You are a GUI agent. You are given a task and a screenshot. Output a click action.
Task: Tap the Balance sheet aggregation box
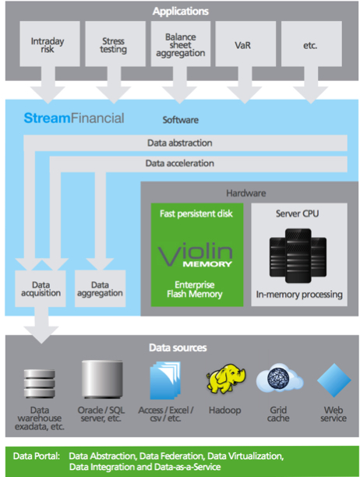coord(181,44)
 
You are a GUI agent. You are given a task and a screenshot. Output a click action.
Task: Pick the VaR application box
coord(245,44)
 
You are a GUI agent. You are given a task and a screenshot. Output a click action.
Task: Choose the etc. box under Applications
coord(312,44)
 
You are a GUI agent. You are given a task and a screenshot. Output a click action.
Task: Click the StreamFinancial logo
coord(74,118)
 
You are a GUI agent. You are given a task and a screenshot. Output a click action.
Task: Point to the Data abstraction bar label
coord(180,143)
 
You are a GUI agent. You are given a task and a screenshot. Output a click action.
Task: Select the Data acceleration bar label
coord(180,164)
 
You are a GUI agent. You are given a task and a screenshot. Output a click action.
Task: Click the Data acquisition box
coord(41,288)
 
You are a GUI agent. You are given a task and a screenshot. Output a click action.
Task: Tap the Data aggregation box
coord(100,288)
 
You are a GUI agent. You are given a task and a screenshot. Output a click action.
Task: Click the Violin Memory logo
coord(196,254)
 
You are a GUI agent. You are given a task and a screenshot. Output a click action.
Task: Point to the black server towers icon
coord(298,256)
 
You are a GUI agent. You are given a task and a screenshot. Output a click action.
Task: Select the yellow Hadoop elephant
coord(226,379)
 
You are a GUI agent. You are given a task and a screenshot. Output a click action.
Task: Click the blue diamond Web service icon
coord(334,380)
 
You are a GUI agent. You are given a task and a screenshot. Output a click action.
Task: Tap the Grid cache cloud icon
coord(280,378)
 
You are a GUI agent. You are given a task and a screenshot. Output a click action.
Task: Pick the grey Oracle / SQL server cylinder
coord(102,380)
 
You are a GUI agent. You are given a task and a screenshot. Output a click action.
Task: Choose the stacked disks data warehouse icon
coord(40,383)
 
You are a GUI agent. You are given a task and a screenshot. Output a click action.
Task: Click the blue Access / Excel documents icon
coord(165,380)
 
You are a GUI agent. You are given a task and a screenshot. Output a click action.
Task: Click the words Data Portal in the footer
coord(37,456)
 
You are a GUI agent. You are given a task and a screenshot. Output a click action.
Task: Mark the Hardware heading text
coord(246,193)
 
